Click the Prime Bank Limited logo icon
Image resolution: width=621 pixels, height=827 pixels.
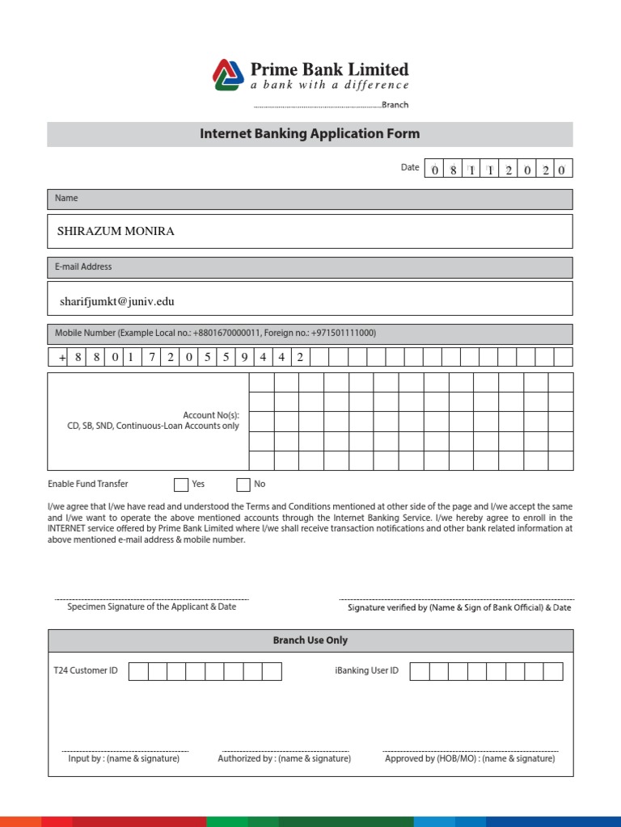click(x=228, y=74)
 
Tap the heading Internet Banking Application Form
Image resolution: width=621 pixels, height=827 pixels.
click(x=310, y=134)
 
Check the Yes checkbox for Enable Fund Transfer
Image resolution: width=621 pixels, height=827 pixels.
click(x=181, y=485)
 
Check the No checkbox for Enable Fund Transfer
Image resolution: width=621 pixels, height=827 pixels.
click(x=243, y=485)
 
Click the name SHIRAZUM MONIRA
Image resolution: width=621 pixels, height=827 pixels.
click(x=116, y=231)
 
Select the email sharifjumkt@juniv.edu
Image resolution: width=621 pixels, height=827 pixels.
click(x=116, y=301)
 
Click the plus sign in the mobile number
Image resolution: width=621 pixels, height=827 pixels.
click(x=61, y=358)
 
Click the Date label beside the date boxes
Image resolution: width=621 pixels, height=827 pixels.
click(x=410, y=168)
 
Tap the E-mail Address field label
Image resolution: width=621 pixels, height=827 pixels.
click(x=83, y=267)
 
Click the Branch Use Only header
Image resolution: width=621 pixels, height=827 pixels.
click(x=310, y=640)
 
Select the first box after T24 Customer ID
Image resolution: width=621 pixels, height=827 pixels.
click(x=138, y=671)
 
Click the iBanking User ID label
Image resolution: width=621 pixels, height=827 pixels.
click(x=366, y=670)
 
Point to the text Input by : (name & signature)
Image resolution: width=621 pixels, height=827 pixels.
click(x=124, y=759)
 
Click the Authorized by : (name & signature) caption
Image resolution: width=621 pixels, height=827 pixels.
click(x=285, y=759)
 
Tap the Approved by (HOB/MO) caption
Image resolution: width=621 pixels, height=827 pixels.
click(x=470, y=759)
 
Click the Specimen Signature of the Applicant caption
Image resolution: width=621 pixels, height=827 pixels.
click(x=152, y=607)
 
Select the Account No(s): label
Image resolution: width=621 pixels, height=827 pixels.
click(x=211, y=415)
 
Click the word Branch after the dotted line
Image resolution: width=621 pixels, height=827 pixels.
click(x=395, y=105)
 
